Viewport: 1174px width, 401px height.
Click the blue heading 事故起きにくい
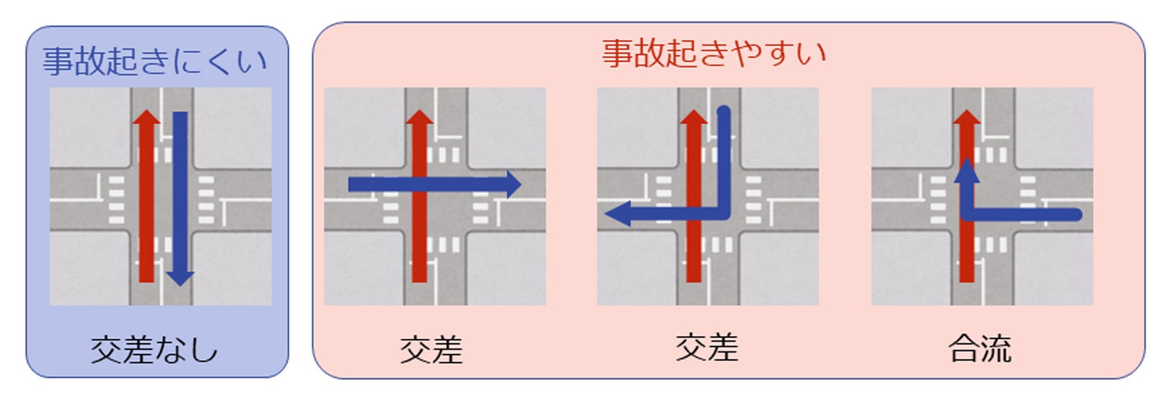click(155, 61)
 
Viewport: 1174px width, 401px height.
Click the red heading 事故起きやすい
click(713, 53)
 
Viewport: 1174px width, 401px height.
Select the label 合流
click(980, 348)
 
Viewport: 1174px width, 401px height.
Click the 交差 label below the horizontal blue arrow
click(431, 350)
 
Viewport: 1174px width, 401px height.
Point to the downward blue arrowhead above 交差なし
click(180, 277)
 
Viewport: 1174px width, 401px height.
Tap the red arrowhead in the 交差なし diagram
click(146, 117)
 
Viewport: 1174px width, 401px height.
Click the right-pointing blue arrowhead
click(513, 185)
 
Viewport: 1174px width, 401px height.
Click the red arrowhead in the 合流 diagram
click(967, 117)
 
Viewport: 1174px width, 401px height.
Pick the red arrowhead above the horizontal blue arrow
click(419, 117)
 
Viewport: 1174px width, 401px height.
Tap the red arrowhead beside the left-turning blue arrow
click(693, 117)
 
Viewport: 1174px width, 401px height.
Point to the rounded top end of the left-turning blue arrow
click(724, 113)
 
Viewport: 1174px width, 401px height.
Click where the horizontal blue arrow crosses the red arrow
click(419, 185)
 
